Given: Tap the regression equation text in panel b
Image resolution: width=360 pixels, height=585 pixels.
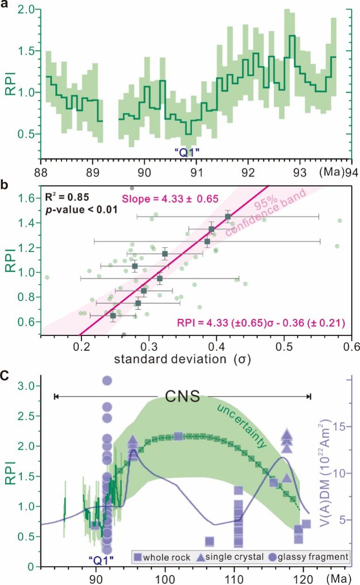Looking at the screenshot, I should click(x=260, y=322).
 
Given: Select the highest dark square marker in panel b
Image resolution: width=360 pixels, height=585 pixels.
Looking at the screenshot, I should click(x=228, y=217).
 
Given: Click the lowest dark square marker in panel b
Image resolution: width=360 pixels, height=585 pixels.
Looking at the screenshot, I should click(x=113, y=316).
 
